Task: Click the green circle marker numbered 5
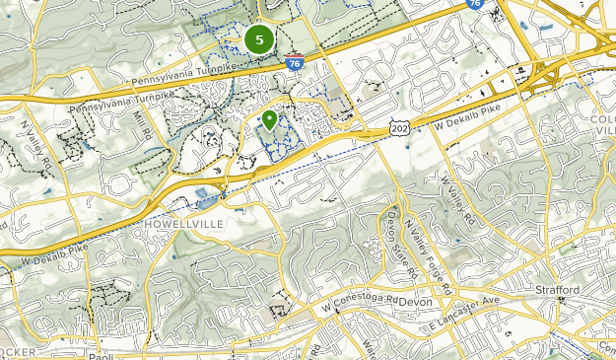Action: [259, 39]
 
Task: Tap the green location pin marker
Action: [269, 120]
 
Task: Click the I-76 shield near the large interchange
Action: [475, 5]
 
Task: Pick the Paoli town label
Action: [95, 357]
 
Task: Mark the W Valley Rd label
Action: [458, 203]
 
